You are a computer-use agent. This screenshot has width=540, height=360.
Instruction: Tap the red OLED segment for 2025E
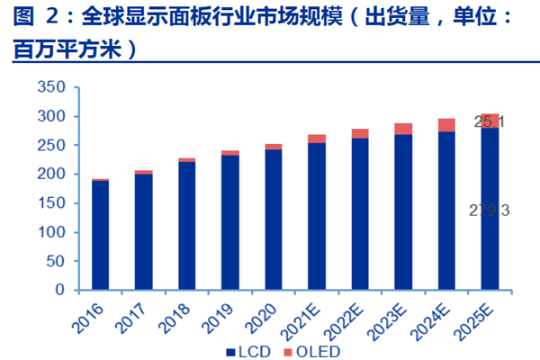click(x=490, y=121)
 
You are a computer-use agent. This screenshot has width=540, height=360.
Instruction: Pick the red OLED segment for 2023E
click(x=403, y=129)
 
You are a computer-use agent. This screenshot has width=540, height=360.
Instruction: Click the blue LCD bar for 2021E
click(x=317, y=216)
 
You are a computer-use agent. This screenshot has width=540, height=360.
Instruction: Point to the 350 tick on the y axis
click(x=56, y=87)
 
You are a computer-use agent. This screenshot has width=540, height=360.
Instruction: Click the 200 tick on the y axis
click(x=56, y=175)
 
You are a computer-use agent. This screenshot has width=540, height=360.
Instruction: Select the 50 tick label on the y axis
click(x=59, y=261)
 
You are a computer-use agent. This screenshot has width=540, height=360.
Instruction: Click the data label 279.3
click(x=490, y=210)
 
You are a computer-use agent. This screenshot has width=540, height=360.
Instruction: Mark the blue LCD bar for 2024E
click(x=446, y=211)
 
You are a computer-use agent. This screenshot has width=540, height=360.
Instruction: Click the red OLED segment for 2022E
click(x=360, y=133)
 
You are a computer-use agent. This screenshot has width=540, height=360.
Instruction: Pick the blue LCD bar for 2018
click(x=187, y=226)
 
